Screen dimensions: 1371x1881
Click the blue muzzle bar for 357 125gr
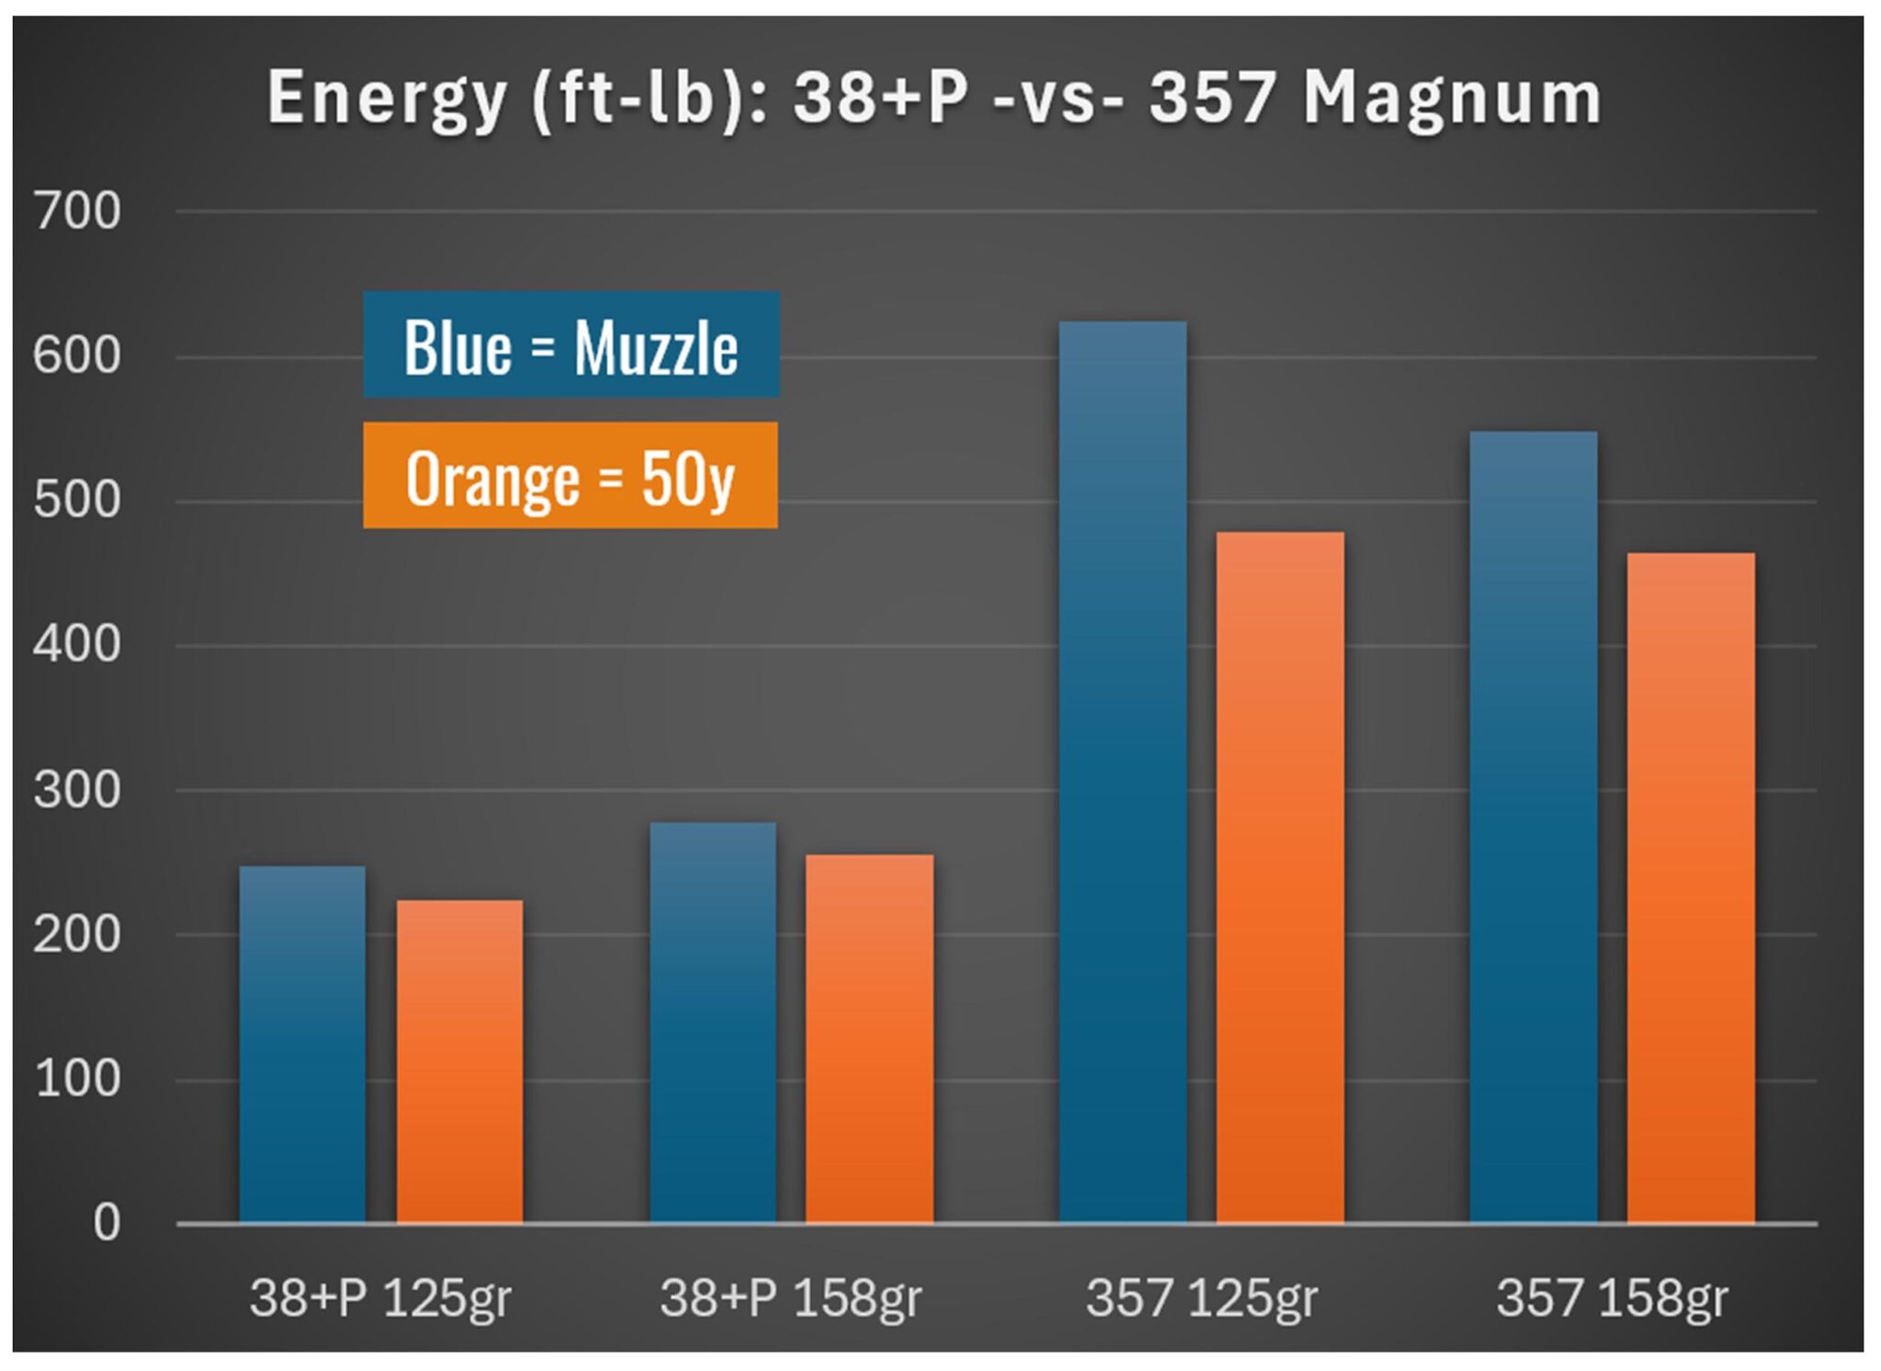click(1122, 772)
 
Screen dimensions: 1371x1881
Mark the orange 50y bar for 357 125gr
click(1279, 878)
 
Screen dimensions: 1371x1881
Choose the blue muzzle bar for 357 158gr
click(1533, 827)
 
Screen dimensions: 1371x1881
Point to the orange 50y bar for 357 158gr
click(1690, 888)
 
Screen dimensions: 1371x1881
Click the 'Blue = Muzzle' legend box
click(571, 345)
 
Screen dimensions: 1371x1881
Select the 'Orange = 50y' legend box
click(570, 476)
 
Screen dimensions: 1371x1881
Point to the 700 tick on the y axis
click(77, 211)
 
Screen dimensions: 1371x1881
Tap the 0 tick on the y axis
click(107, 1223)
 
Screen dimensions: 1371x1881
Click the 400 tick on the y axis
click(77, 645)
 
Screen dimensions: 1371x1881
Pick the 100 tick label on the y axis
click(77, 1079)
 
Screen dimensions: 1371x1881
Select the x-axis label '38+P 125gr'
click(380, 1297)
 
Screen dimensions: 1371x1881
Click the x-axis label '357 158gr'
click(1612, 1297)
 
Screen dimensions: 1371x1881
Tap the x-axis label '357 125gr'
click(1201, 1297)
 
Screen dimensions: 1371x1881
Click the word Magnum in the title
click(1452, 98)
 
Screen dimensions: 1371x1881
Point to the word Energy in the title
click(387, 98)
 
